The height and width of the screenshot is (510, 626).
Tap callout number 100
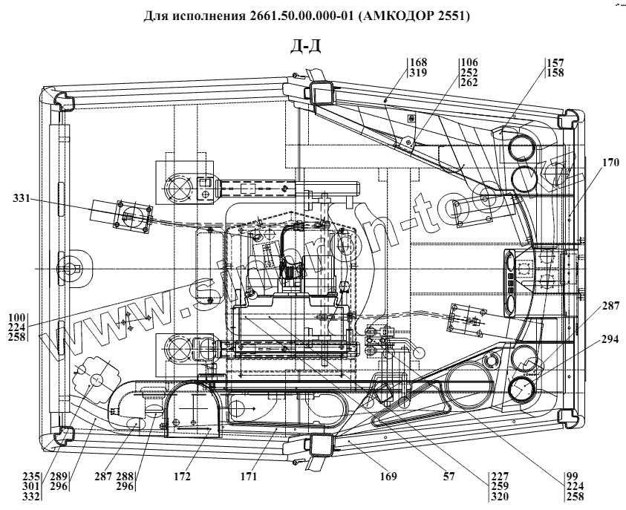click(16, 318)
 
